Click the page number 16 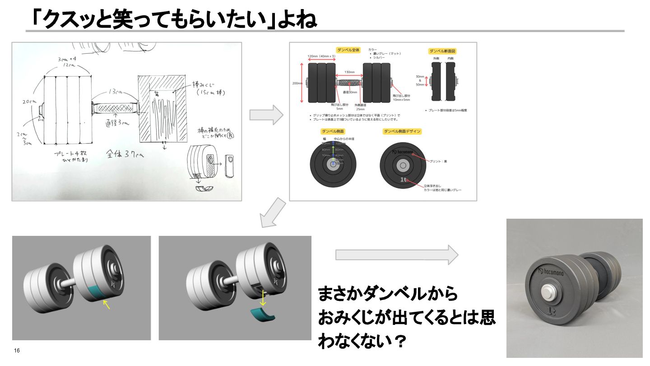(x=17, y=351)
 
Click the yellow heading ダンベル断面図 (x=443, y=52)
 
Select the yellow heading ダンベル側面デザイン (x=402, y=131)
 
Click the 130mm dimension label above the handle (x=349, y=72)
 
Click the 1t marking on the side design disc (x=403, y=179)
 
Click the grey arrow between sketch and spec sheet (x=266, y=115)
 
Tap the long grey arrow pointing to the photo (x=397, y=255)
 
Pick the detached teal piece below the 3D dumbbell (x=264, y=315)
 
